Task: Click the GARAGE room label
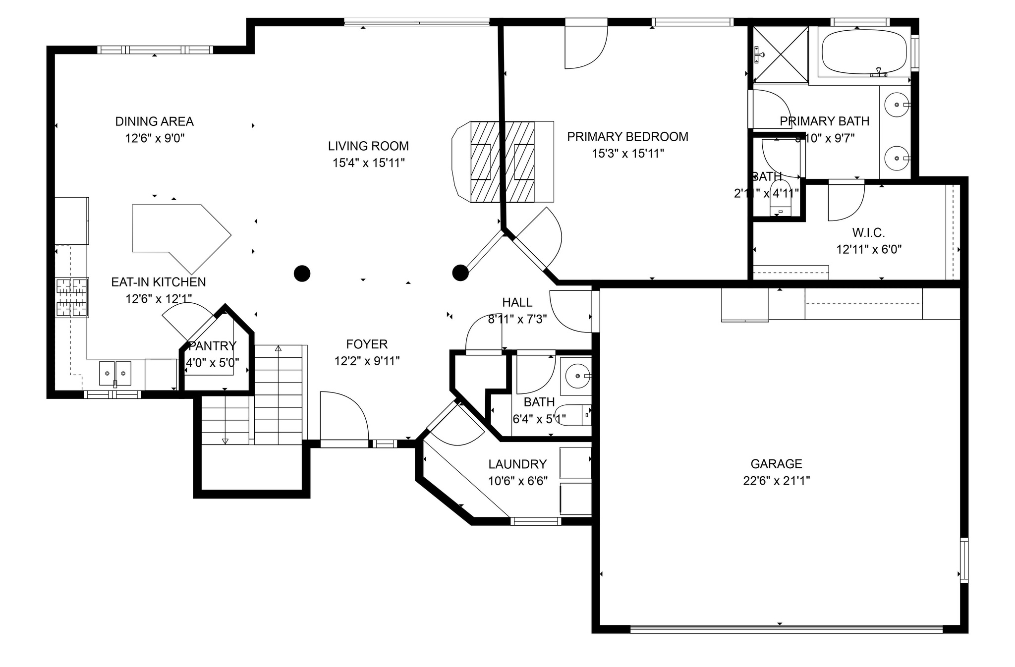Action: click(776, 464)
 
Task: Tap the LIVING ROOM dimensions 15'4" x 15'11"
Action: click(368, 163)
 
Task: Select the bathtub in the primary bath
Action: click(863, 52)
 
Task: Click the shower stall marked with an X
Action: click(781, 55)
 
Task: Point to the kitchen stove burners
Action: click(72, 297)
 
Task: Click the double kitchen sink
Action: click(115, 373)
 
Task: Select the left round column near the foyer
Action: click(302, 273)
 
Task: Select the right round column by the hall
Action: click(460, 273)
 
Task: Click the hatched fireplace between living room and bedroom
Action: click(502, 162)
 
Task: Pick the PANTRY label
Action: click(213, 346)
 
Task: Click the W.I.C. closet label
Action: click(868, 232)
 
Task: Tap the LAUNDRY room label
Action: click(517, 464)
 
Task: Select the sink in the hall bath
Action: click(577, 376)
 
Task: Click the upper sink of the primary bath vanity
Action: click(897, 105)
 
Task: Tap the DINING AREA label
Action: click(154, 121)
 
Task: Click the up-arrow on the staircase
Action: click(278, 349)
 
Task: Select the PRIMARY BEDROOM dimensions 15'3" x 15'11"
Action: click(627, 154)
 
